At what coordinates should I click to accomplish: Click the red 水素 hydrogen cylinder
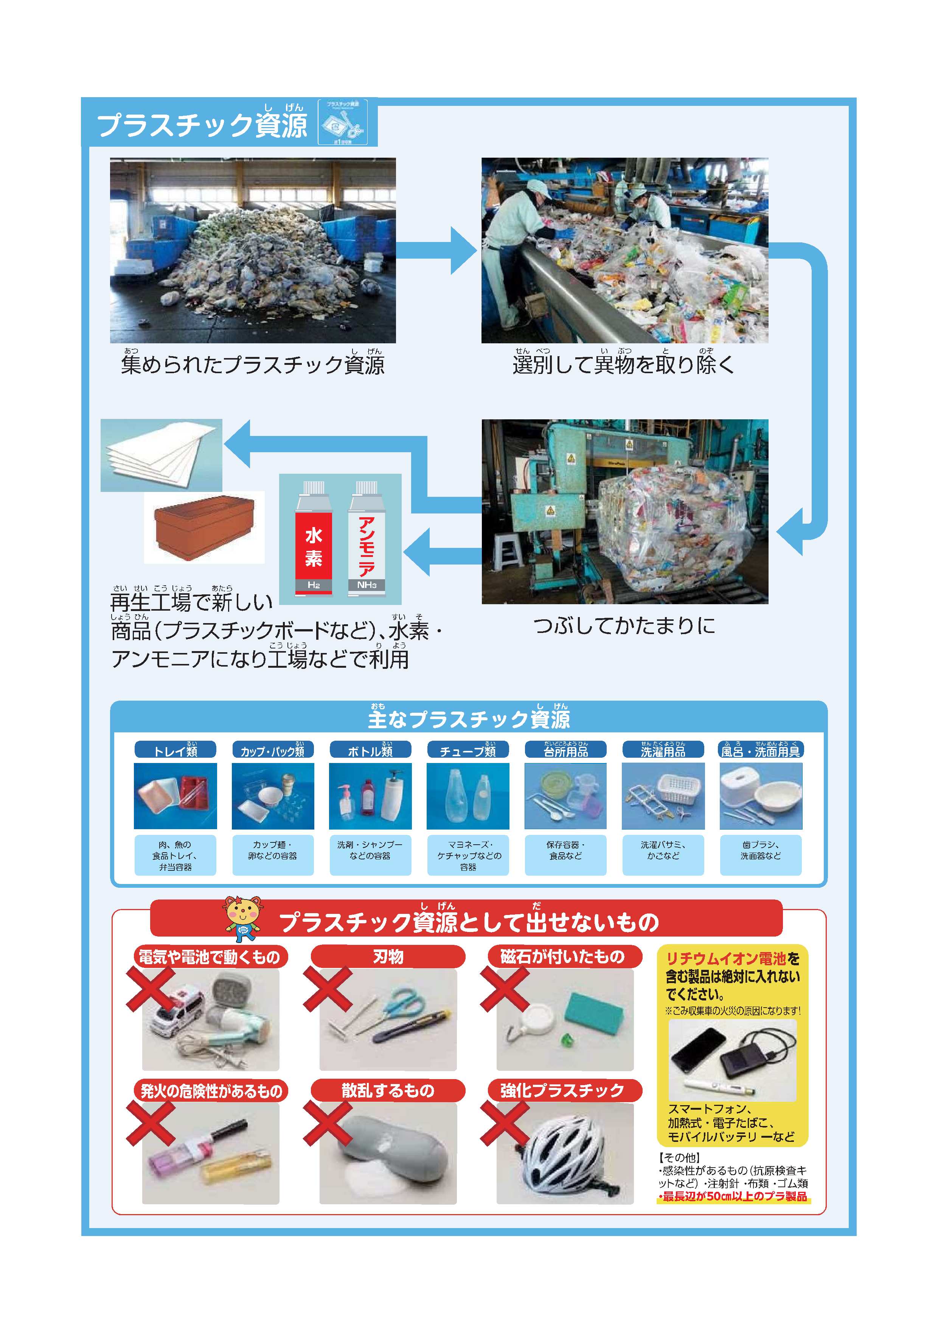pos(314,537)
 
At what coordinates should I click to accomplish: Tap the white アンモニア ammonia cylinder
pos(366,537)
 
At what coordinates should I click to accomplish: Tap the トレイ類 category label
pos(175,750)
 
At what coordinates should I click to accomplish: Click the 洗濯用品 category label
pos(663,750)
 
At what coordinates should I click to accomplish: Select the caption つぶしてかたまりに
pos(624,625)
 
